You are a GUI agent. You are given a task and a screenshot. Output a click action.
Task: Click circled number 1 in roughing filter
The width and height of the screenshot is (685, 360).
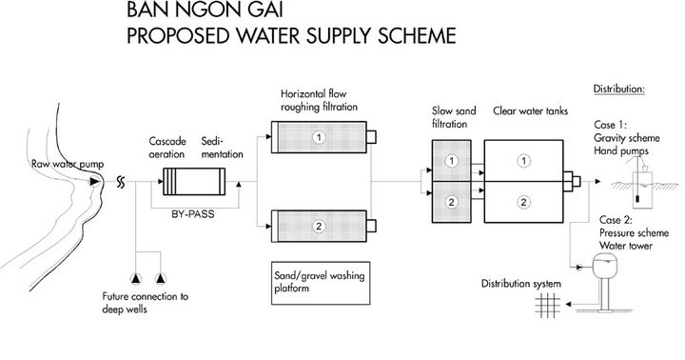(x=320, y=137)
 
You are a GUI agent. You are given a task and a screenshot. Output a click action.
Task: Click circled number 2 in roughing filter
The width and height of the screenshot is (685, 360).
(x=320, y=226)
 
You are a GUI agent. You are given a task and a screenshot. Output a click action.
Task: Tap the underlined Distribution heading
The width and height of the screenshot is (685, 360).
(x=619, y=90)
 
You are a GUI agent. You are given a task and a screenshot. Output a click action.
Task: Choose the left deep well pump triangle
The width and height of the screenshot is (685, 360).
(x=139, y=277)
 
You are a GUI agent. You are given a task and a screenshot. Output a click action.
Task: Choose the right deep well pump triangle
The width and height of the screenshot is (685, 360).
(x=160, y=277)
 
